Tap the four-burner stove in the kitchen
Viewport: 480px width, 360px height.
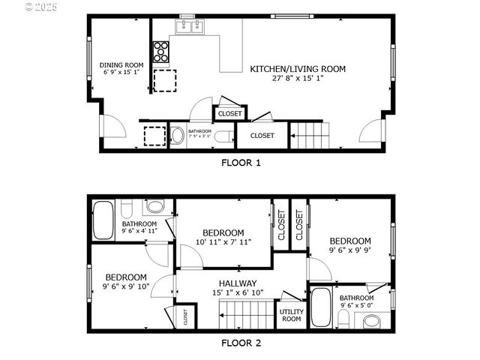pos(160,52)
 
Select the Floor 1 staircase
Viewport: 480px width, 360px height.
pos(309,136)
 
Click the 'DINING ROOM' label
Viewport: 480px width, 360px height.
pos(121,65)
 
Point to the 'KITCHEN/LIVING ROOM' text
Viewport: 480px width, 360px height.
pos(298,69)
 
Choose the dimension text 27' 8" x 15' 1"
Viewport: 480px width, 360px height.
pos(298,79)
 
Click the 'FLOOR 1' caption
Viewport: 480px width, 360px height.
pos(240,162)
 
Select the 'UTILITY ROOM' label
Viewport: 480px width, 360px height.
pos(290,315)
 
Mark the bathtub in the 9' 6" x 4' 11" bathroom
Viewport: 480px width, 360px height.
pos(103,220)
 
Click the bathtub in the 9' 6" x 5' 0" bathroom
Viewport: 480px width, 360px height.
pos(321,308)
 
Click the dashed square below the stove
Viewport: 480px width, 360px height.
pos(165,79)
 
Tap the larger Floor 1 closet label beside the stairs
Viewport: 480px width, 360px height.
pos(262,136)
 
